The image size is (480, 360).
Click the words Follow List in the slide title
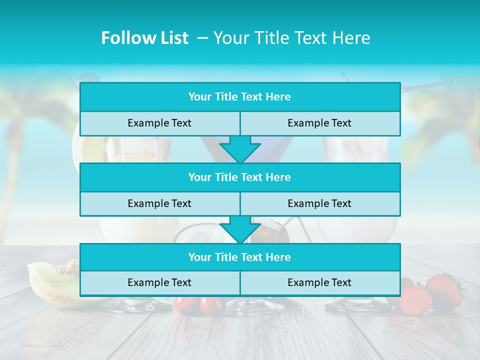click(144, 38)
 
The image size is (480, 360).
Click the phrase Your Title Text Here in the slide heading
click(291, 38)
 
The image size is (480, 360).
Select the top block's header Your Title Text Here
click(239, 97)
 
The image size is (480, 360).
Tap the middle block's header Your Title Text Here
click(239, 177)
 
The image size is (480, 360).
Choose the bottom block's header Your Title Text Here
click(239, 257)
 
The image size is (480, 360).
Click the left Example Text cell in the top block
click(159, 123)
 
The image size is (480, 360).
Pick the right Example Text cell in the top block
click(319, 123)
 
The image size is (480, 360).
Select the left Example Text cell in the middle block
click(159, 203)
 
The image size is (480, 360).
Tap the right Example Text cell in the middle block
click(319, 203)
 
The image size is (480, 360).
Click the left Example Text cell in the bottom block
click(159, 282)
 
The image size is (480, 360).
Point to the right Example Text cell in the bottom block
click(319, 282)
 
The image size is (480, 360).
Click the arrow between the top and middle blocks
click(240, 149)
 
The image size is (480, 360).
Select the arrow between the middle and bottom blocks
click(240, 229)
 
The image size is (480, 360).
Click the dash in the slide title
click(202, 38)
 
